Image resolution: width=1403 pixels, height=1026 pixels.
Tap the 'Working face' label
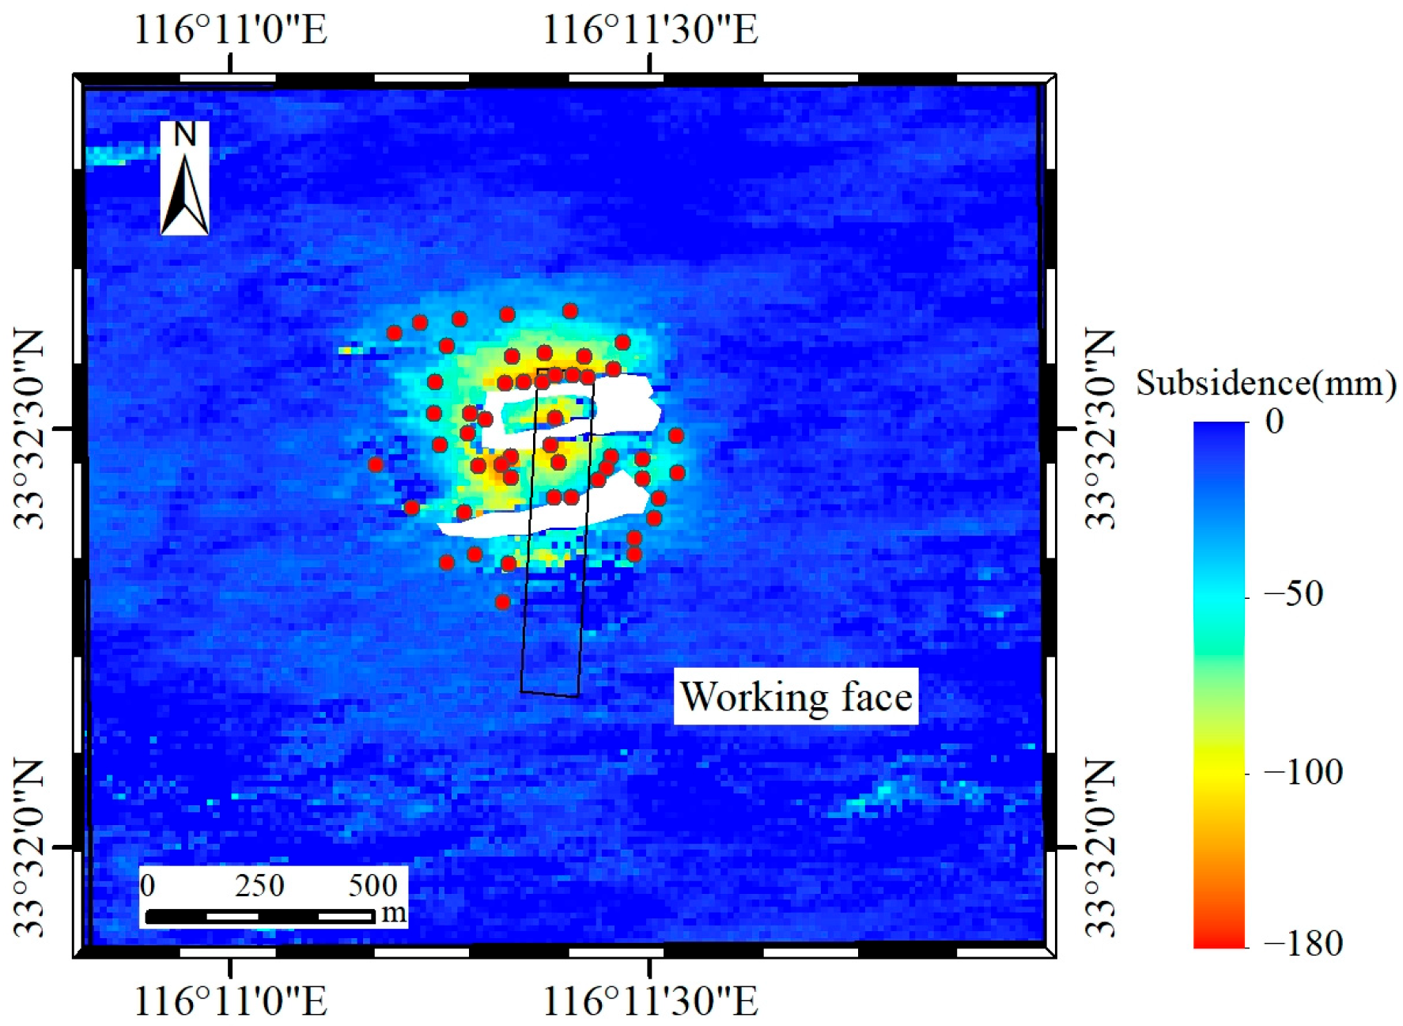[x=796, y=697]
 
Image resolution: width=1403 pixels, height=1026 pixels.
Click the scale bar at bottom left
[x=260, y=916]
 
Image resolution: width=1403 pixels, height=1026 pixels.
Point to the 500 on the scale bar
[x=372, y=885]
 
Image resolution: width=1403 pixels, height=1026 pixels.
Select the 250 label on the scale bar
[x=259, y=885]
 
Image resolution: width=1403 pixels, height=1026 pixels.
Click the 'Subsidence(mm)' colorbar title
[x=1265, y=384]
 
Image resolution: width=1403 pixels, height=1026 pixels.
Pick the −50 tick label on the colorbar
[x=1293, y=593]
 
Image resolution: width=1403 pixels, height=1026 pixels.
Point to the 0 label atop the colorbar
[x=1274, y=422]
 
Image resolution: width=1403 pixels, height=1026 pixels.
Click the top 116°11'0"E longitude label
[x=230, y=30]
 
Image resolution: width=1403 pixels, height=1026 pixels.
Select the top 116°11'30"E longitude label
[x=649, y=30]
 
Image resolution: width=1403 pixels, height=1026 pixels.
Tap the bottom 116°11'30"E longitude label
[x=649, y=1001]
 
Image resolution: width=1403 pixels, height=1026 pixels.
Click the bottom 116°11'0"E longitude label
[x=230, y=1001]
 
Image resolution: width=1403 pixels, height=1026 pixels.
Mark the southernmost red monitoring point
[x=502, y=602]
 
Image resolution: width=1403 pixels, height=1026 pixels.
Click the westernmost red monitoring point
[x=376, y=464]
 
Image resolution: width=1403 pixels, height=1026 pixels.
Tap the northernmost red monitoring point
[x=570, y=311]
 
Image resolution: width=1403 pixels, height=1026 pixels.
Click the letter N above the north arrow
[x=185, y=134]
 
